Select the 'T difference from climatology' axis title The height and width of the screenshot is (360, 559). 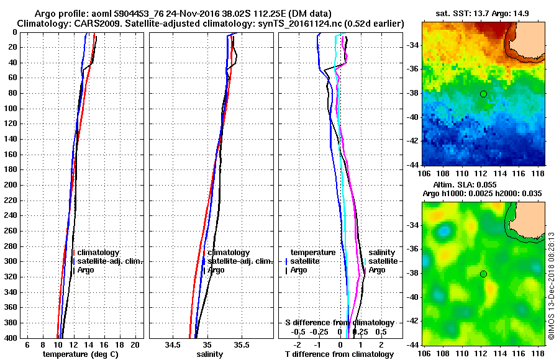click(x=339, y=354)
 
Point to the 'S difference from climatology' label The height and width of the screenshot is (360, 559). click(x=339, y=323)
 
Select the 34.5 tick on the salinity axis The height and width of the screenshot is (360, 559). click(x=173, y=344)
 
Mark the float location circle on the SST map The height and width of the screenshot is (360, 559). click(x=483, y=94)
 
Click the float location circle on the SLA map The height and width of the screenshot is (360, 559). click(x=483, y=274)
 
